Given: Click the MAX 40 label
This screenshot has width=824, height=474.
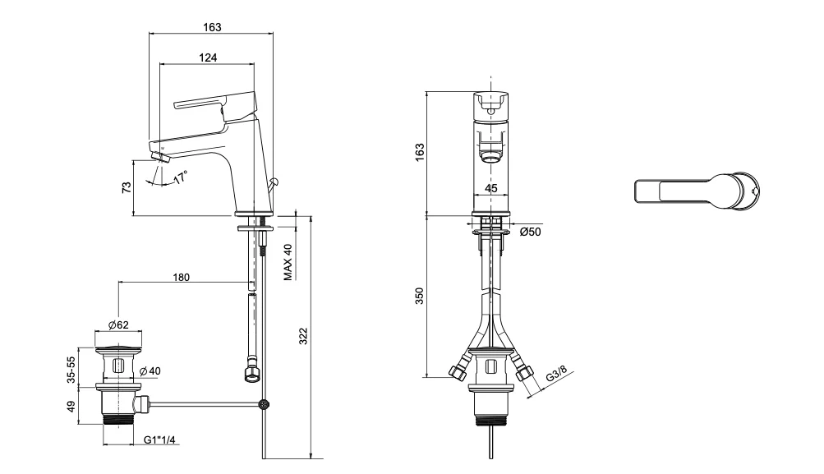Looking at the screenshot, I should coord(288,261).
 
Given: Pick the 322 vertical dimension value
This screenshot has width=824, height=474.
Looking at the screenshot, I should coord(302,335).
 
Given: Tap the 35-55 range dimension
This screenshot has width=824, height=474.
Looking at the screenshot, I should coord(72,370).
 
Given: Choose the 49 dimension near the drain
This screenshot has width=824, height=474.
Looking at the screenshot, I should coord(72,406).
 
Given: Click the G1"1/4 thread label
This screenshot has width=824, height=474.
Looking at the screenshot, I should coord(162,440).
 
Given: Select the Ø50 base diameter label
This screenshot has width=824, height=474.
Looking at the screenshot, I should coord(530,232).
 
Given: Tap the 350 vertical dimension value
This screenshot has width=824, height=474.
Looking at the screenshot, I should coord(420,297).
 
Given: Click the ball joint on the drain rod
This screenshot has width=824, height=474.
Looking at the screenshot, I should coord(264,403).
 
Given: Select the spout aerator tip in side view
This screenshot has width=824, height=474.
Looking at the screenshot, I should coord(159,154).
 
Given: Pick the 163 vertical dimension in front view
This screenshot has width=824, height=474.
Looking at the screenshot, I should coord(420,151).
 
